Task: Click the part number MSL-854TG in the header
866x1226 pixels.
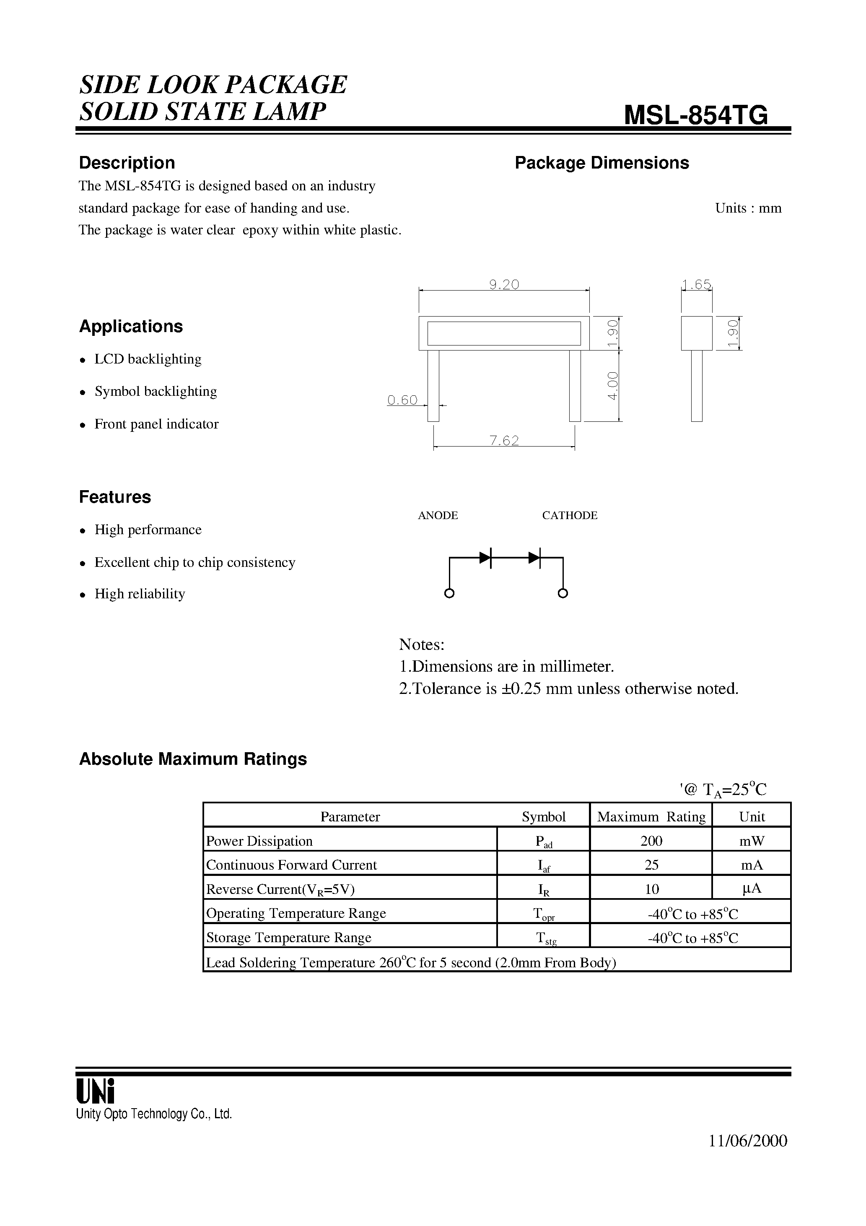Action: (x=696, y=115)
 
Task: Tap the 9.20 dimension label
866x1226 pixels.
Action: (x=504, y=285)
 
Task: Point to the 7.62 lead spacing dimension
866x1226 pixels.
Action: (x=504, y=441)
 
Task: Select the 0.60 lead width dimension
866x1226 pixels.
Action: (x=402, y=400)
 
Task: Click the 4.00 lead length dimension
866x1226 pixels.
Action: (x=612, y=385)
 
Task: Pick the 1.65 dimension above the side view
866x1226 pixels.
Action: (x=697, y=285)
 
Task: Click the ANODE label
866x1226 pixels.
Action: (x=438, y=515)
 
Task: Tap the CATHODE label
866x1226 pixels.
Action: (x=570, y=515)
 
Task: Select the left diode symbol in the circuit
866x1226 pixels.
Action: (x=485, y=558)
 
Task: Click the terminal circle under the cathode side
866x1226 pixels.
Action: (x=563, y=593)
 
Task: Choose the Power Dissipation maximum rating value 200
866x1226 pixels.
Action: (x=651, y=841)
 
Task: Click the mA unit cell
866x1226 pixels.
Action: (x=752, y=865)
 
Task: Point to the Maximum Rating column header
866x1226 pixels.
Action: (x=651, y=817)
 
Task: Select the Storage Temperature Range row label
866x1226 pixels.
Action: (x=288, y=938)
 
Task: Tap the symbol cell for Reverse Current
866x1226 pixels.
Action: (x=544, y=890)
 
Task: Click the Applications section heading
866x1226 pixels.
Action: (x=131, y=326)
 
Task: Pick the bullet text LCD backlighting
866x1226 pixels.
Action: (x=148, y=359)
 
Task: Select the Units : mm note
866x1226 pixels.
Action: (x=748, y=208)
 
